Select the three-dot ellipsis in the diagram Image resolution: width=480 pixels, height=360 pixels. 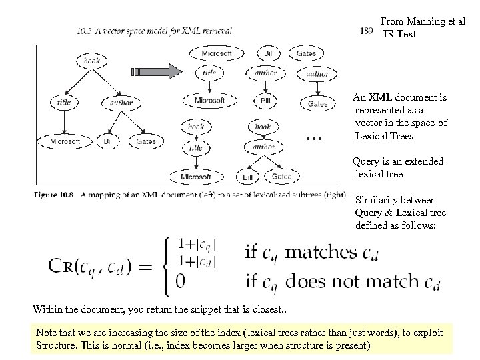[x=313, y=137]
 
